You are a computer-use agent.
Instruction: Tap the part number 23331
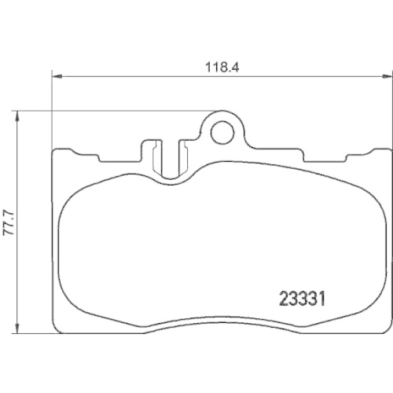click(x=303, y=298)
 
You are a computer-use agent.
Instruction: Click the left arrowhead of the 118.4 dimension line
click(x=56, y=76)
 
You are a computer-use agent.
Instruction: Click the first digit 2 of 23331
click(x=285, y=298)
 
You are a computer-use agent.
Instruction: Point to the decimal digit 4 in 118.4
click(x=233, y=68)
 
